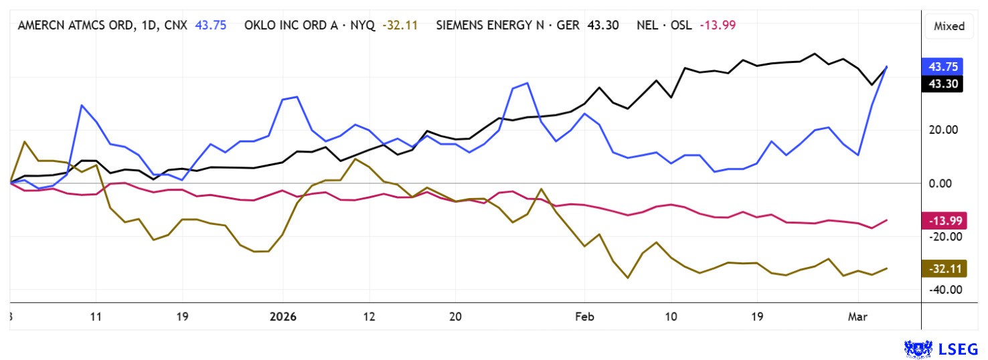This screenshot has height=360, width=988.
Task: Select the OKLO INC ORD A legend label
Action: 301,25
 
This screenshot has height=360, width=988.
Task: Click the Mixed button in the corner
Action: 949,26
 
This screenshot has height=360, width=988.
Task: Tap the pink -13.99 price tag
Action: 942,221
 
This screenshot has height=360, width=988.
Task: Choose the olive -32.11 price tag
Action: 942,269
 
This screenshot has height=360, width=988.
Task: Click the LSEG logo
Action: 940,349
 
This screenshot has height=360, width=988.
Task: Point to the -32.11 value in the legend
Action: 401,25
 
